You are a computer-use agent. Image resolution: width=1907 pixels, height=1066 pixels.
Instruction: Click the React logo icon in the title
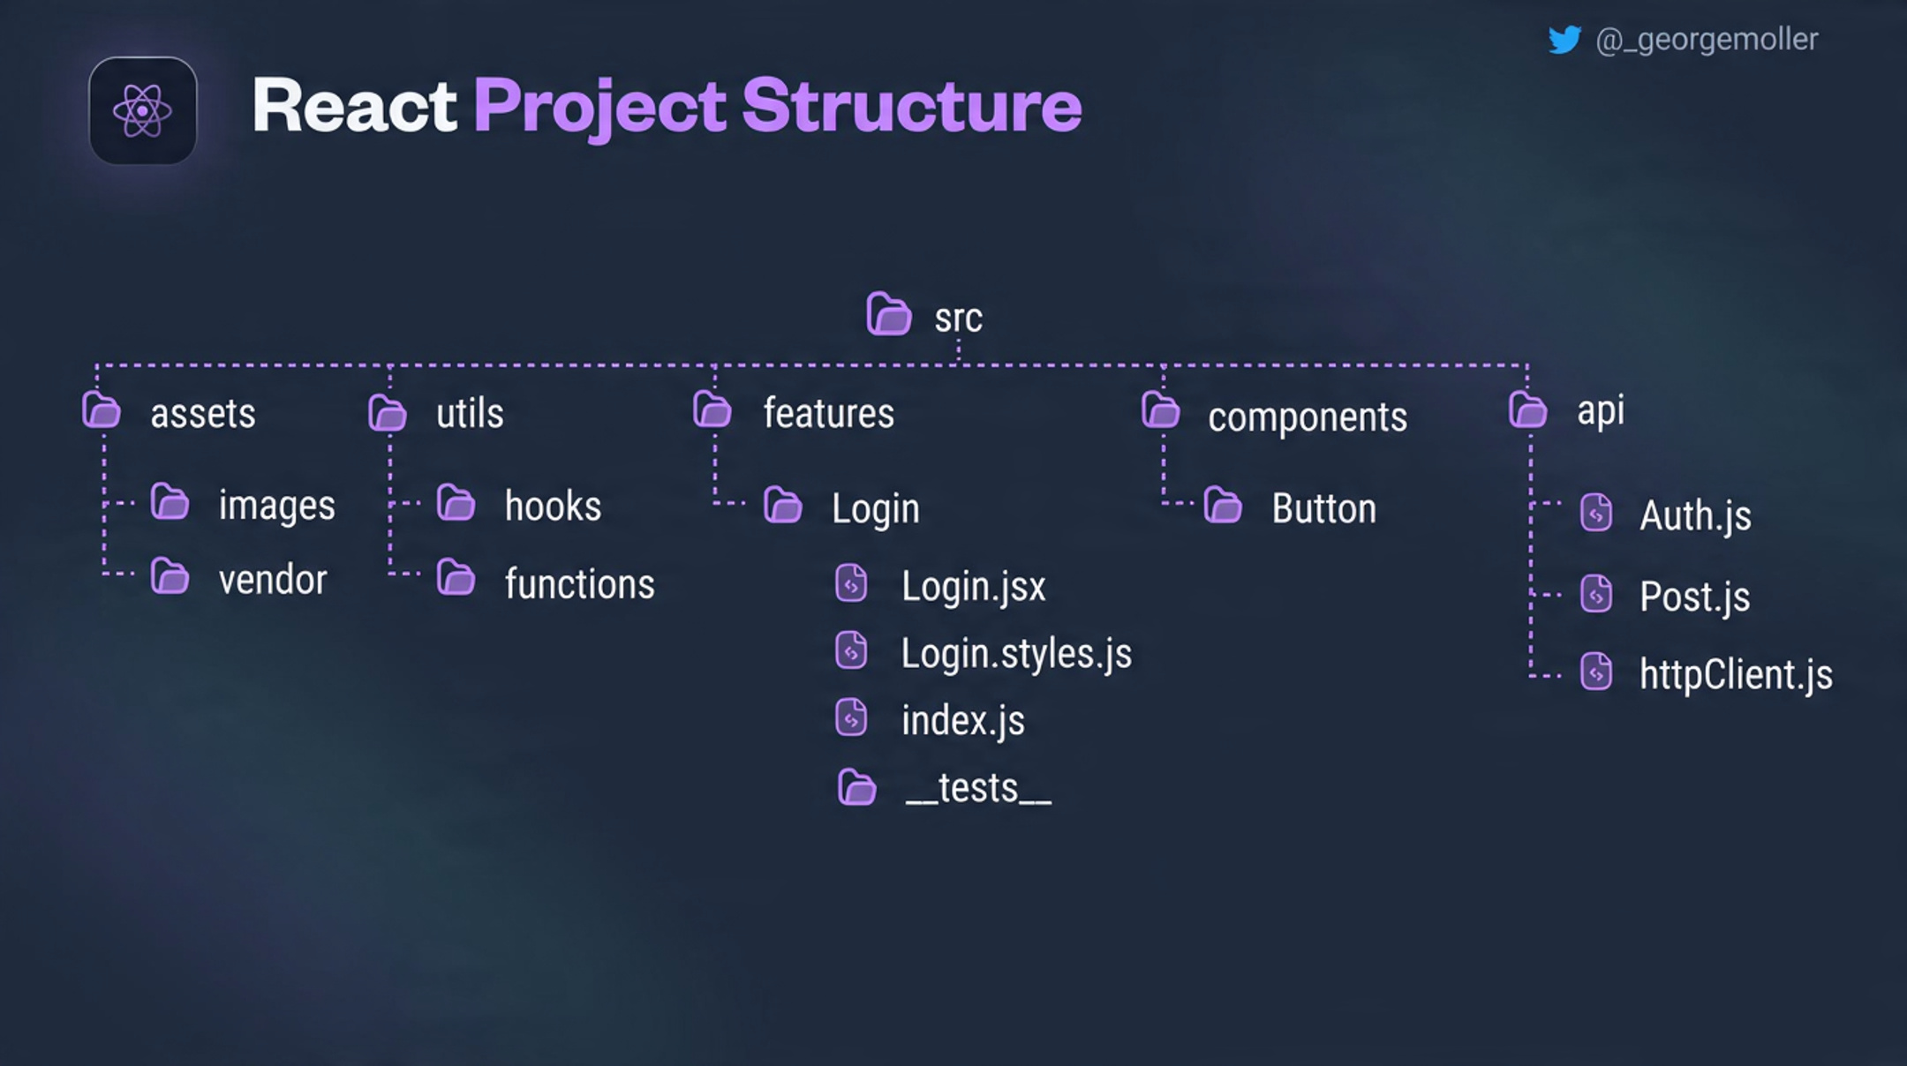click(142, 111)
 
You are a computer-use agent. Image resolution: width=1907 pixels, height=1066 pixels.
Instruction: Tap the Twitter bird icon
click(1564, 40)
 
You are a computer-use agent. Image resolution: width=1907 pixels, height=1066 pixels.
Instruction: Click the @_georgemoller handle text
click(1707, 40)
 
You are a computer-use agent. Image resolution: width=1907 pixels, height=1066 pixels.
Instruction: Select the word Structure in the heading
click(911, 106)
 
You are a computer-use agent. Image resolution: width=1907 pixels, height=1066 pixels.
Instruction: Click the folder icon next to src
click(888, 314)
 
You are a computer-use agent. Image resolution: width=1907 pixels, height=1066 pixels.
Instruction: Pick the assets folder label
click(203, 413)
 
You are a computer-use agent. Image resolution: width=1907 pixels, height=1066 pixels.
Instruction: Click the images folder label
click(276, 506)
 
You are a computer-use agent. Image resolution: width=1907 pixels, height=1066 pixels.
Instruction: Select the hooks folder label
click(553, 506)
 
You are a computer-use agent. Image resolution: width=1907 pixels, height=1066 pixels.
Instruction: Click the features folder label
click(828, 413)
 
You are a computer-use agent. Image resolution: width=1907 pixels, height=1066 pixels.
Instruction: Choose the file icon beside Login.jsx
click(851, 583)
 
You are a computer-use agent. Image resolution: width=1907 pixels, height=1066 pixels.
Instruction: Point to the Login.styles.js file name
click(1015, 654)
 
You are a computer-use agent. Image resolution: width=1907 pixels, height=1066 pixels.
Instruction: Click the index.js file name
click(962, 721)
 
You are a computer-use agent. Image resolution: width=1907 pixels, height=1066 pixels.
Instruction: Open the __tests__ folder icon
click(856, 787)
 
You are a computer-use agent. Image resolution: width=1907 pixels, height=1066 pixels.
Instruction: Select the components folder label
click(1307, 417)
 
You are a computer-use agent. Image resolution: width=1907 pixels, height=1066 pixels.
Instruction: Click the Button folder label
click(1323, 508)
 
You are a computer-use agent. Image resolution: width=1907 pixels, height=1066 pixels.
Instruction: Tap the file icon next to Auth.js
click(1596, 513)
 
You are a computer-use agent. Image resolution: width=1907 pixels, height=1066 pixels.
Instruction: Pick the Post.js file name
click(1694, 597)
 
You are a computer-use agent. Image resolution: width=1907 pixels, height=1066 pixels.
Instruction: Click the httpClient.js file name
click(1735, 675)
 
